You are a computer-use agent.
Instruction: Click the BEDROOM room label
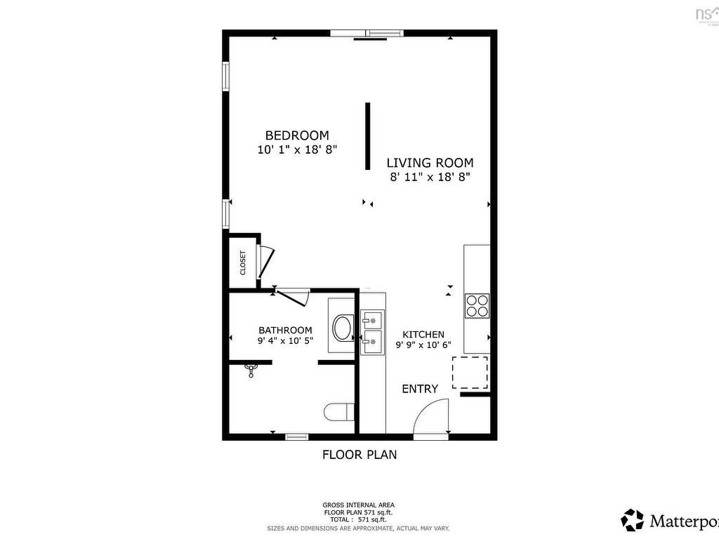point(296,135)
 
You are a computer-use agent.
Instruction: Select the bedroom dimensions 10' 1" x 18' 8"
point(297,149)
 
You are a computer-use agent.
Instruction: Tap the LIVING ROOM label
point(430,163)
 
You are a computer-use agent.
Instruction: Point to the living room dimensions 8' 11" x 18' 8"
point(430,178)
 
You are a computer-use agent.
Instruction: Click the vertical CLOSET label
point(243,262)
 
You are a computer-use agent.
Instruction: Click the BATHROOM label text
point(285,331)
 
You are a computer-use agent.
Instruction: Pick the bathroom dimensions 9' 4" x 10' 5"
point(285,341)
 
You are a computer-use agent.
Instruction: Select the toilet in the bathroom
point(340,412)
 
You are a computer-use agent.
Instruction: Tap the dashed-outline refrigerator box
point(470,373)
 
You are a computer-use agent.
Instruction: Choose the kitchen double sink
point(372,332)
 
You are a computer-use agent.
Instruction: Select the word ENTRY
point(420,389)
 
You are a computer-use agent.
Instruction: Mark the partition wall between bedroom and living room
point(367,136)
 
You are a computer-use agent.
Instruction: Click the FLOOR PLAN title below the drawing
point(359,455)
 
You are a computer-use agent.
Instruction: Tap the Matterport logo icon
point(632,520)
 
